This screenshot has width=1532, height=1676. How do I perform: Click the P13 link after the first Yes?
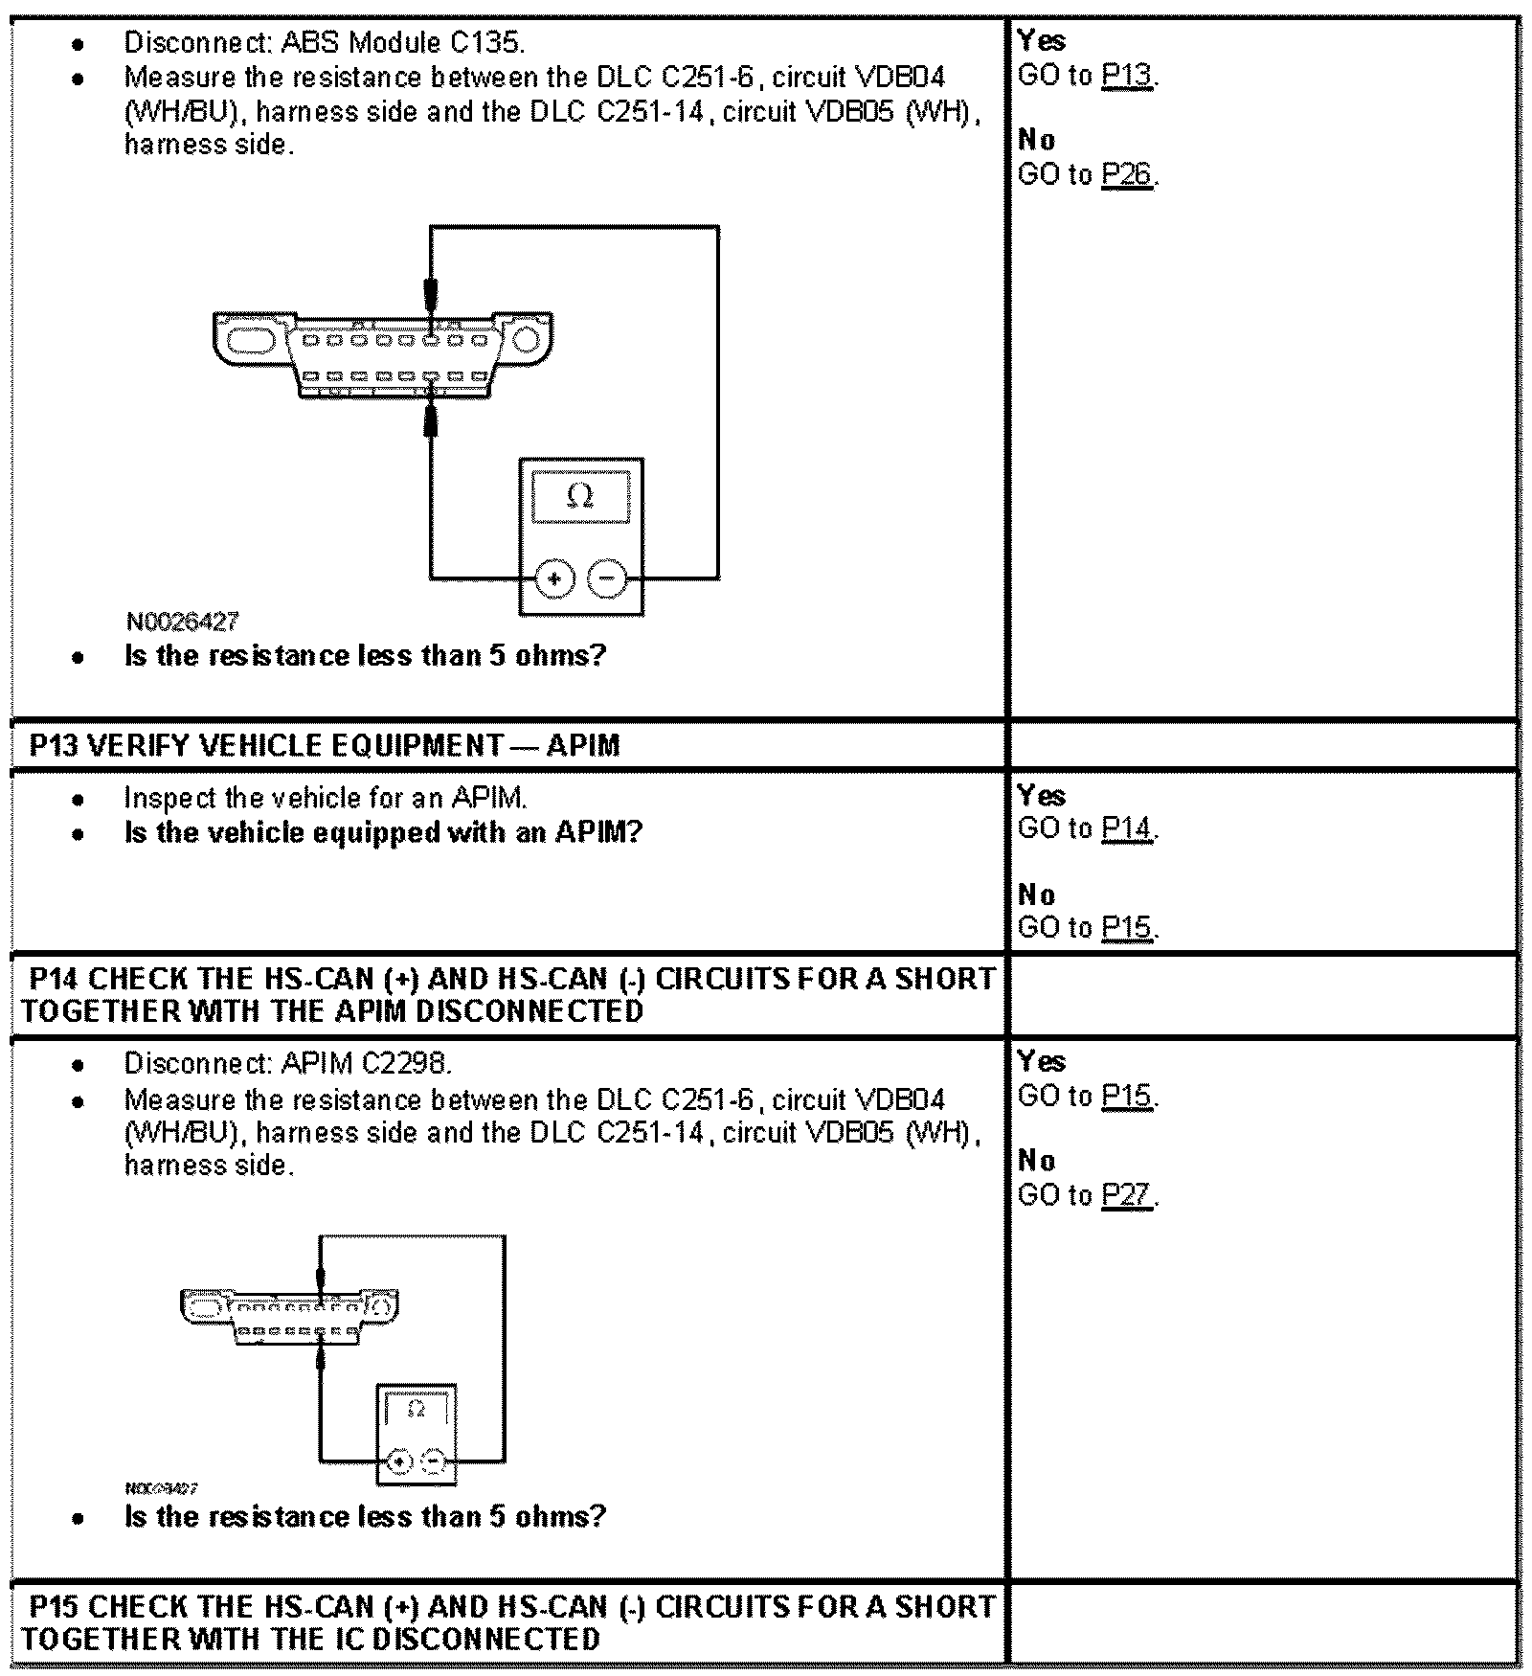point(1126,76)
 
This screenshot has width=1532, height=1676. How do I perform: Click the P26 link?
point(1126,175)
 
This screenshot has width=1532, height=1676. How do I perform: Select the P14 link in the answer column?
point(1126,829)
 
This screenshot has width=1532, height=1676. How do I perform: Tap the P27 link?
point(1126,1196)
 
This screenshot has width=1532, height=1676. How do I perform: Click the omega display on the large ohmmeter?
point(580,496)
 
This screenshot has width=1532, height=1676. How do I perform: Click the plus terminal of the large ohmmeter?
point(554,578)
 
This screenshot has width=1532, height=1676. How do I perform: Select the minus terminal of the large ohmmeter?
point(606,578)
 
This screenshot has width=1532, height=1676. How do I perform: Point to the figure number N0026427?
point(182,622)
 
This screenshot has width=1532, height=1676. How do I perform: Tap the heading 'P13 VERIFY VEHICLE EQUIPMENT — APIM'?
point(325,745)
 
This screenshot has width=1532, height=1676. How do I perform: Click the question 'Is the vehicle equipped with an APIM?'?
point(383,832)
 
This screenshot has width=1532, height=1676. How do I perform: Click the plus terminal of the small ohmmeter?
point(400,1462)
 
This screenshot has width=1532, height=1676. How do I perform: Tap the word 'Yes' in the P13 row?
point(1042,796)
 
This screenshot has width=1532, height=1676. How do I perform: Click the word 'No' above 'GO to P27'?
point(1037,1161)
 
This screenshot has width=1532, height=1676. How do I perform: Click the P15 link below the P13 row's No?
point(1126,928)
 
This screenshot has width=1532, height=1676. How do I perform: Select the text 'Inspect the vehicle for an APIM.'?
point(326,798)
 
